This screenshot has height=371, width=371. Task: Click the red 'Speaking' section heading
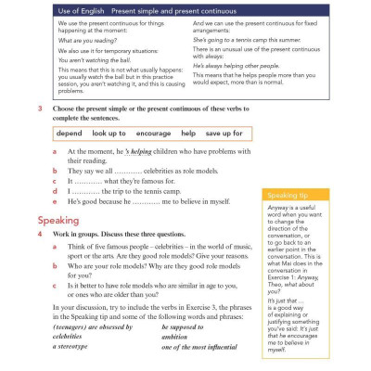point(62,221)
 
